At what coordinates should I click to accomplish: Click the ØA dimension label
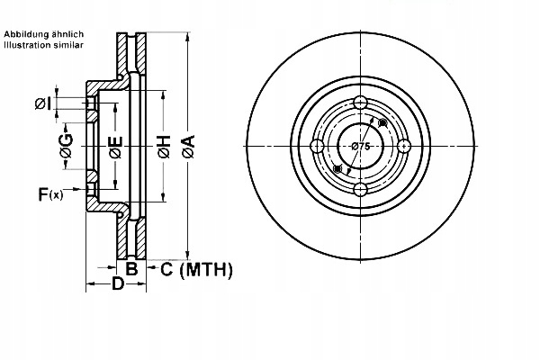pos(187,148)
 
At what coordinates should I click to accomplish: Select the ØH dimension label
pos(164,148)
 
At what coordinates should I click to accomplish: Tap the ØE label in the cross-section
pos(115,148)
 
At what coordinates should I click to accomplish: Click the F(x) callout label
pos(49,193)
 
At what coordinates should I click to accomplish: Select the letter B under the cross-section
pos(130,268)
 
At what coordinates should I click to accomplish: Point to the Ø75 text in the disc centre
pos(360,146)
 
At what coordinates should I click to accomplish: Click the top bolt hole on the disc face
pos(360,102)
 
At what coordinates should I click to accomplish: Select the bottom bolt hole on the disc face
pos(360,189)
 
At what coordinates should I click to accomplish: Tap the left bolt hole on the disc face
pos(317,146)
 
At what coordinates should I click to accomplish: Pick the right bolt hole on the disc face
pos(403,146)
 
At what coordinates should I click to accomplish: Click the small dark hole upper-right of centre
pos(383,122)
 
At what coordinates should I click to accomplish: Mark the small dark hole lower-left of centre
pos(337,169)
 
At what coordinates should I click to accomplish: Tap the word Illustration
pos(28,44)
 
